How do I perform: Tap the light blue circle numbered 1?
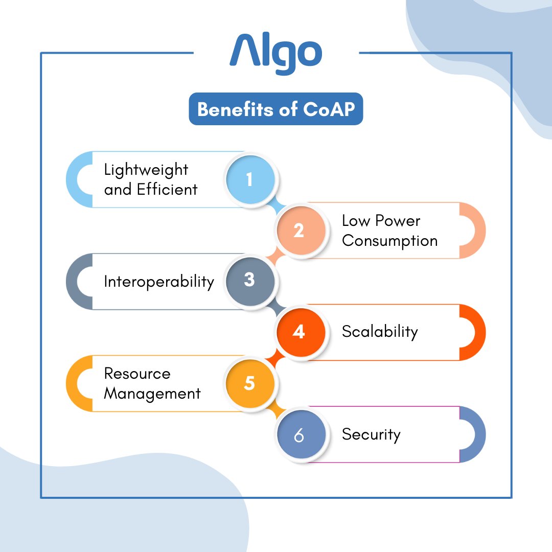click(x=249, y=179)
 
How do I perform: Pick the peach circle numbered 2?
click(x=299, y=231)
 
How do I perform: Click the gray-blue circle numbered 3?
click(x=249, y=281)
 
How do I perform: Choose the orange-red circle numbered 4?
click(x=299, y=332)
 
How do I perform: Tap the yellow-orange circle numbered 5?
click(x=249, y=383)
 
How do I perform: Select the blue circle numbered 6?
click(x=299, y=435)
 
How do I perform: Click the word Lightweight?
click(x=146, y=170)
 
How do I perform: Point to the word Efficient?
click(x=167, y=190)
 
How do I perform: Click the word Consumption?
click(x=389, y=241)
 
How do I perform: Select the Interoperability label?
click(x=159, y=281)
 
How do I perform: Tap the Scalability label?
click(x=380, y=332)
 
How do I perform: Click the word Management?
click(x=152, y=394)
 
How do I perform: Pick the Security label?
click(x=371, y=434)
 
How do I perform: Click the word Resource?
click(x=137, y=374)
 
